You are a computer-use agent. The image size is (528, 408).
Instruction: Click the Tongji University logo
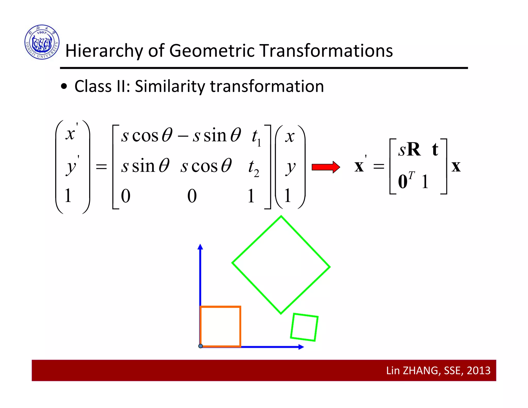[42, 42]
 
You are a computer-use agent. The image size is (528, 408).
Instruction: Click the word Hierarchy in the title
[104, 51]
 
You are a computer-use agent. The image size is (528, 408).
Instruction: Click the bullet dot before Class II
[64, 87]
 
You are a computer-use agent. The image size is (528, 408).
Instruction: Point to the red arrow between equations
[326, 167]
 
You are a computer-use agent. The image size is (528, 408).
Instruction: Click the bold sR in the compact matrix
[409, 150]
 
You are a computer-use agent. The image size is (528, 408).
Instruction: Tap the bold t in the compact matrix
[435, 150]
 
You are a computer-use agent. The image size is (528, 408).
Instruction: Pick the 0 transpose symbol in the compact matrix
[406, 181]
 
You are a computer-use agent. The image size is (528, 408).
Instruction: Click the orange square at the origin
[220, 327]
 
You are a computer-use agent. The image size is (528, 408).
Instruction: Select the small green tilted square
[304, 327]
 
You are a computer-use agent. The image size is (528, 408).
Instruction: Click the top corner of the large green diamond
[281, 217]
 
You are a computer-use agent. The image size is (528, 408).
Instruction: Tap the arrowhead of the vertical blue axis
[200, 247]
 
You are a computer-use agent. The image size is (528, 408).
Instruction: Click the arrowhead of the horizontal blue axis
[301, 347]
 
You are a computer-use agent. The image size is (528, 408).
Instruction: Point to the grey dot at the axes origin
[201, 346]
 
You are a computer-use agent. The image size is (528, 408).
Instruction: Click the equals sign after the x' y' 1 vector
[101, 167]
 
